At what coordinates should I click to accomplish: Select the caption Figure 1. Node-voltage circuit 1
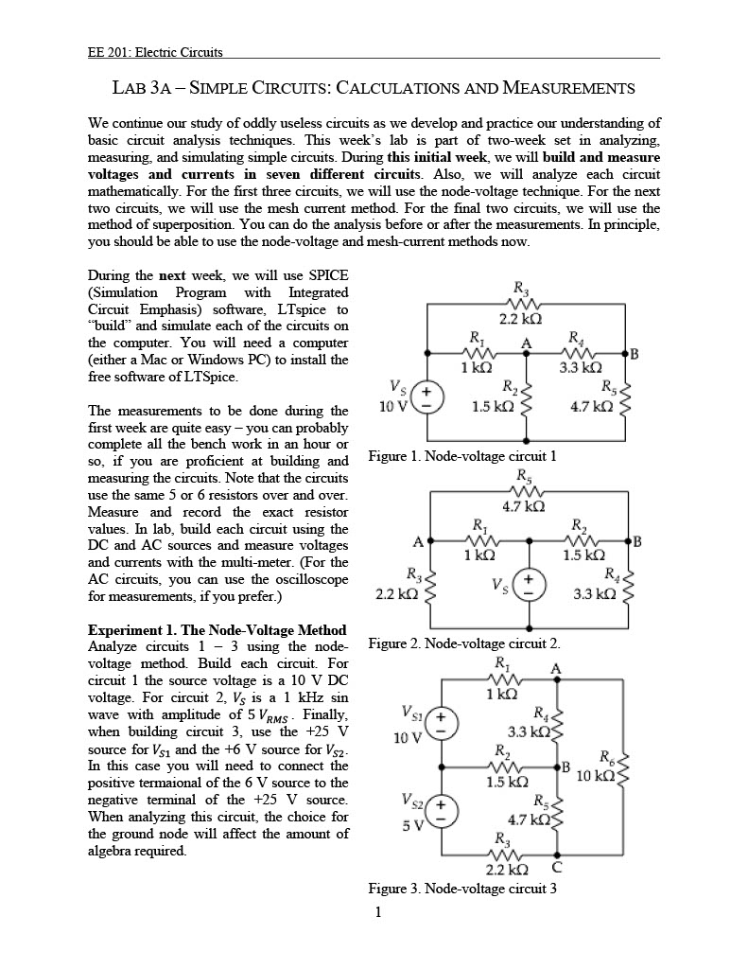click(462, 456)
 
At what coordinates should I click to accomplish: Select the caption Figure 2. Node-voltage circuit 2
click(462, 643)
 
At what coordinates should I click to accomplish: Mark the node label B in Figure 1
click(635, 355)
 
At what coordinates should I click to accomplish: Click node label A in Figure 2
click(417, 542)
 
